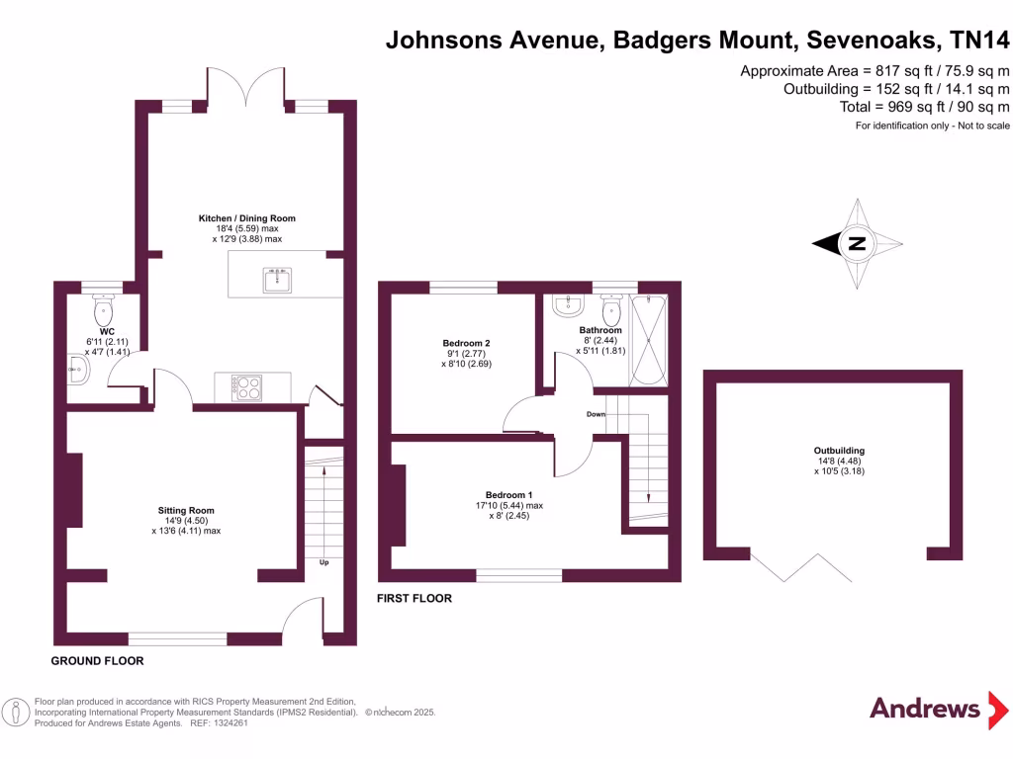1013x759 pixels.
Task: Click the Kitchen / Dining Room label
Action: coord(247,218)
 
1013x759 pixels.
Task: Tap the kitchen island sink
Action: coord(278,282)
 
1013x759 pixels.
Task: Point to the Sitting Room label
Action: coord(186,511)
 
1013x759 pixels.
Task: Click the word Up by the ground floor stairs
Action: coord(323,563)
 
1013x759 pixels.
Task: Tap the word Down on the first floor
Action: coord(596,414)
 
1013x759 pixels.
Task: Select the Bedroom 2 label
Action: coord(466,344)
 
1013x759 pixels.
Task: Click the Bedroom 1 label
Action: coord(508,495)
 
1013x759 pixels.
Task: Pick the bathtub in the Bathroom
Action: coord(650,339)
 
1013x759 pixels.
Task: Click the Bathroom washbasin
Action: coord(566,304)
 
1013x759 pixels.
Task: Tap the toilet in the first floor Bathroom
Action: coord(611,312)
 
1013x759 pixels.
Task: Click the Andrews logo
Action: coord(925,708)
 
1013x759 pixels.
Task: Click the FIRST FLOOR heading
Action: coord(414,599)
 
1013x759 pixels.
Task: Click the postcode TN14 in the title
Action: coord(979,41)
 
